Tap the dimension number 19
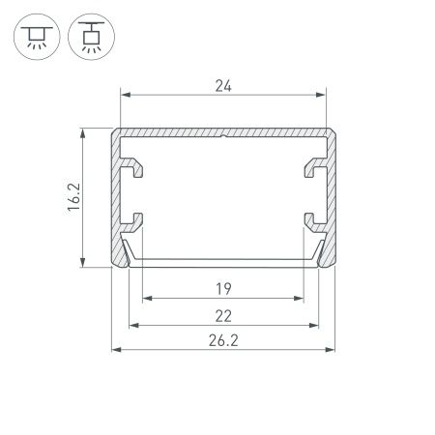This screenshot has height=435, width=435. [x=223, y=286]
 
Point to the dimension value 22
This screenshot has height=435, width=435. [x=223, y=314]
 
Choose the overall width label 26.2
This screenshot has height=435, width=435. [x=223, y=341]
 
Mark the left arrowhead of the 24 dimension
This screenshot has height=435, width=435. [x=123, y=96]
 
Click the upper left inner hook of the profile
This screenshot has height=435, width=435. [x=134, y=170]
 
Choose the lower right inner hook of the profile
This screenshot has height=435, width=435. [x=314, y=220]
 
